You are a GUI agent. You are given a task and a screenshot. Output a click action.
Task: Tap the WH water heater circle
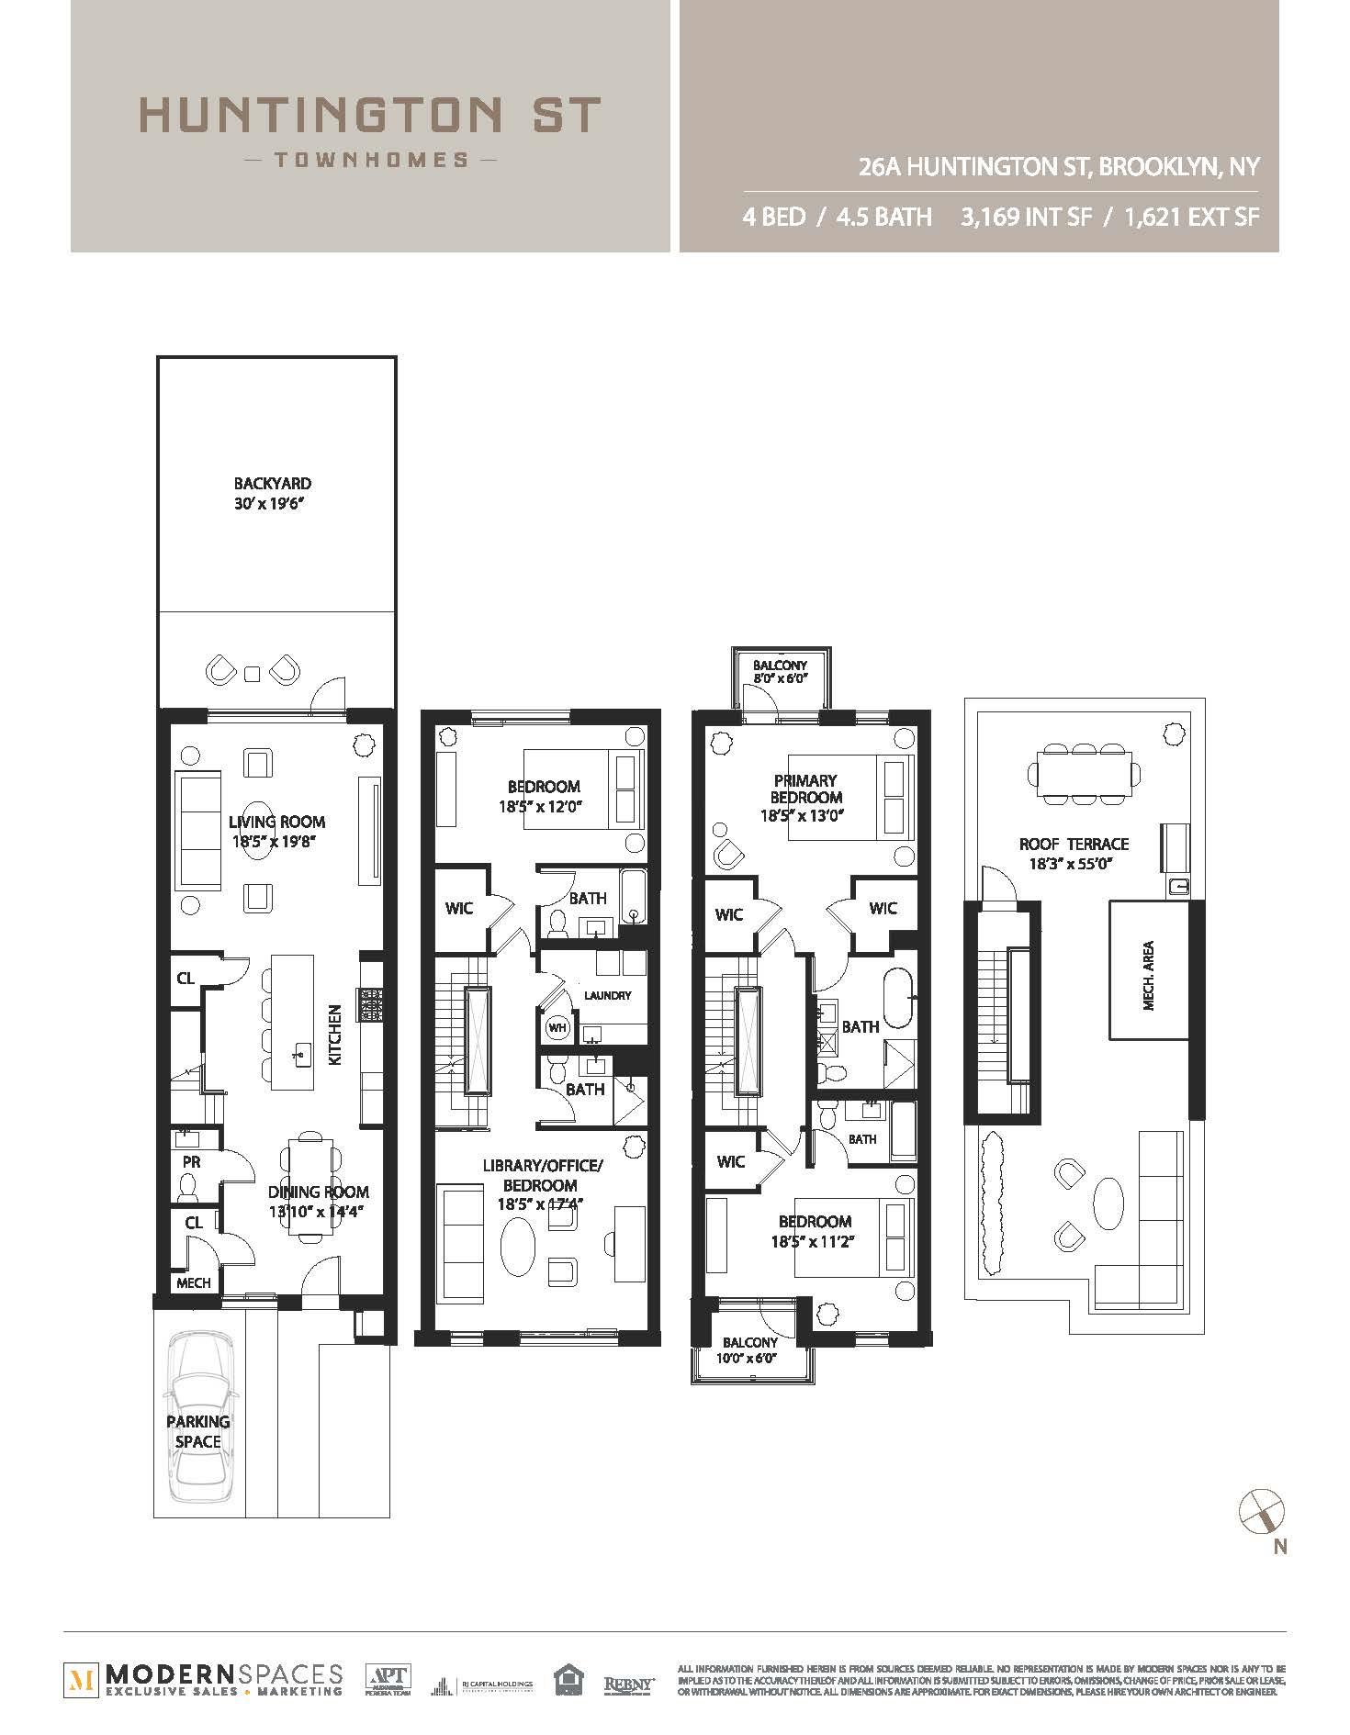pos(557,1027)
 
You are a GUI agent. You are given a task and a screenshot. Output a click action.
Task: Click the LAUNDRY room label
pos(607,995)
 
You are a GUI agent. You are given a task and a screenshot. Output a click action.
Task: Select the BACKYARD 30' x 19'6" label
pos(272,493)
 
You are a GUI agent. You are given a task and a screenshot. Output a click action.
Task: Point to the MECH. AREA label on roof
pos(1149,976)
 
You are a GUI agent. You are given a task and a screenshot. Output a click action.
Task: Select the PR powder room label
pos(191,1161)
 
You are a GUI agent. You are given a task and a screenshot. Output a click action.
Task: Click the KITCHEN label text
pos(335,1035)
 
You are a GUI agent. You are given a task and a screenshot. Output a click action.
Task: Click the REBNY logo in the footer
pos(628,1685)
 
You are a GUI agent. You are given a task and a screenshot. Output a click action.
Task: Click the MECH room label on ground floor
pos(193,1282)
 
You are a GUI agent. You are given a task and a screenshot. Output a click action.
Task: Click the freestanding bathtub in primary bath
pos(898,994)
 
